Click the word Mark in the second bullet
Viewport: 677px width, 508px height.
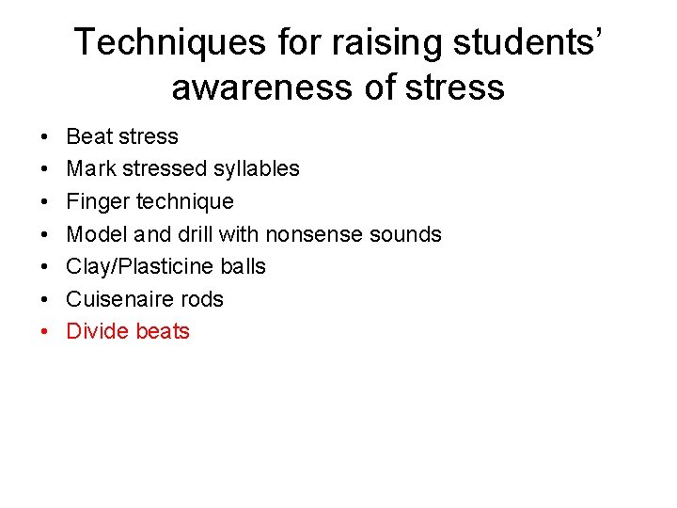(90, 169)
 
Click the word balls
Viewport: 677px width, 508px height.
(243, 266)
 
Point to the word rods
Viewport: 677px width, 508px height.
(203, 299)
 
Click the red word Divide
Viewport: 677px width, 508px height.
(98, 331)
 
